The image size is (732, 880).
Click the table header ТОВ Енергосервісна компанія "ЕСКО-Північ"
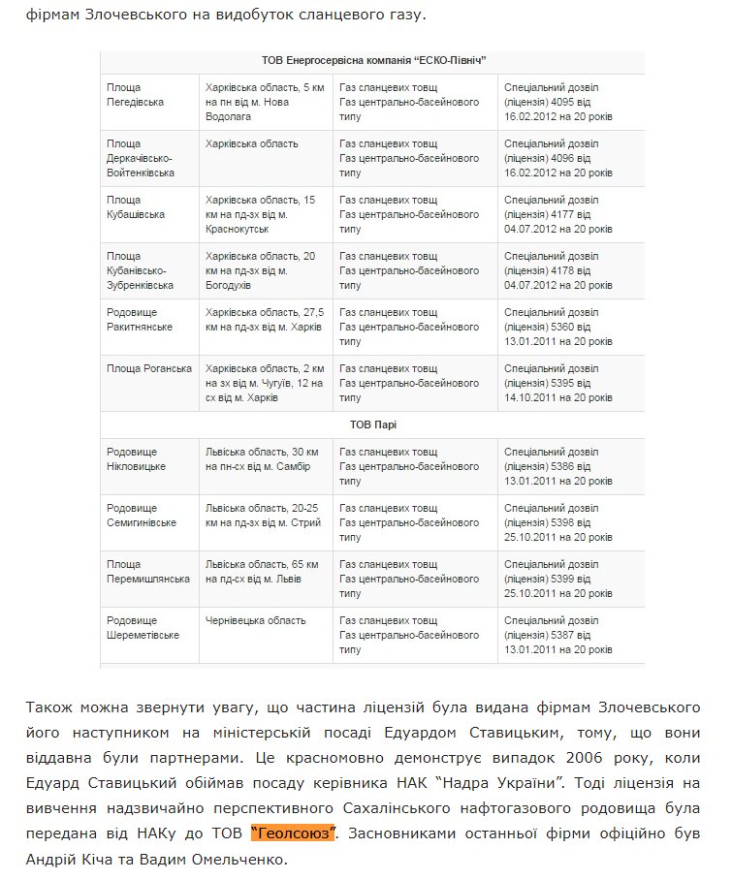(373, 60)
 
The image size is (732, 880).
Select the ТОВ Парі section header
(373, 424)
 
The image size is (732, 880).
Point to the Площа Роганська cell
(149, 368)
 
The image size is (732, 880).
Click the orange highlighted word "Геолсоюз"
(293, 833)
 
